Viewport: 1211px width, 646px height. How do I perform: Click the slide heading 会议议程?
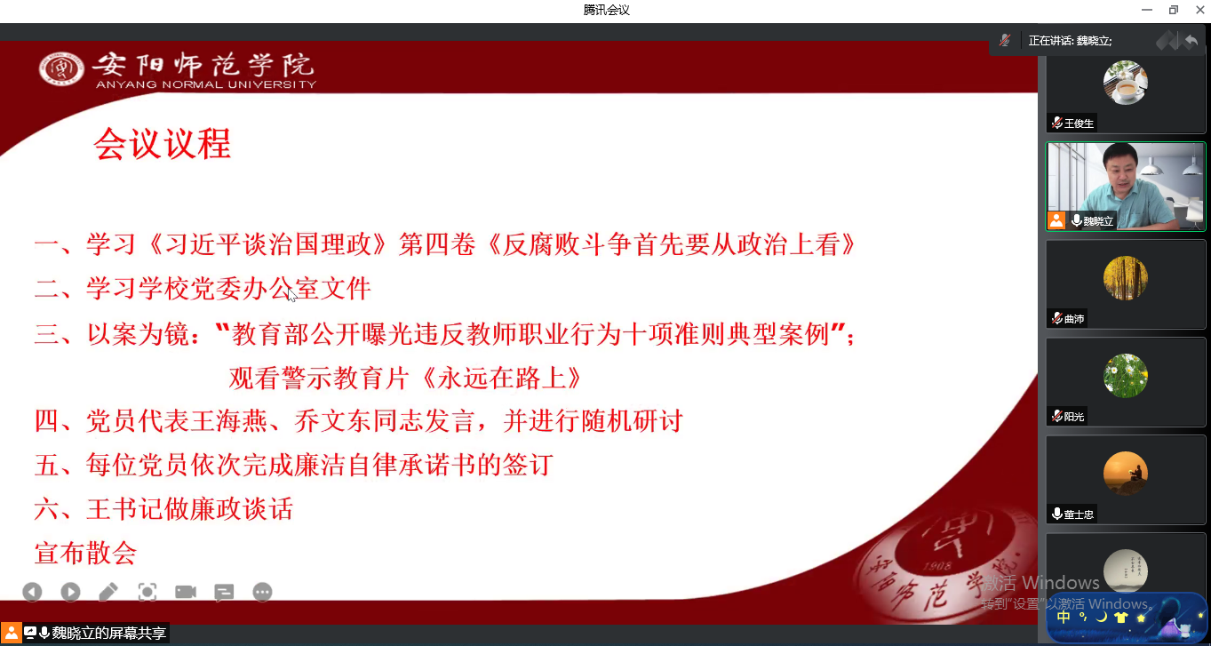(163, 144)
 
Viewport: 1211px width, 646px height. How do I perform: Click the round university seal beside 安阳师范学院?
(61, 68)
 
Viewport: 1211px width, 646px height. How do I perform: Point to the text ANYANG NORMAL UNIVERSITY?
(206, 84)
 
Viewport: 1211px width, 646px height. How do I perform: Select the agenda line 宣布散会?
(85, 553)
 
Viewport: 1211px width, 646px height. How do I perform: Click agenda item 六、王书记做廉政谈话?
(163, 508)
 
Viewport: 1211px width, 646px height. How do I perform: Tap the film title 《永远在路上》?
(500, 378)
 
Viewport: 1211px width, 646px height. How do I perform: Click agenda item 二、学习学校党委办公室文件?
(203, 288)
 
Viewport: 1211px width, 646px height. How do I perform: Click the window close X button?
(1199, 10)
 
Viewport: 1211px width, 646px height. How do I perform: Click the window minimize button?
(1147, 10)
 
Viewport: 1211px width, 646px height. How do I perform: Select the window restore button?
(1173, 10)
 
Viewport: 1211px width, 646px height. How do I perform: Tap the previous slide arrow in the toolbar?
(33, 592)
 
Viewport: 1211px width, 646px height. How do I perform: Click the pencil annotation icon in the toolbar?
(108, 592)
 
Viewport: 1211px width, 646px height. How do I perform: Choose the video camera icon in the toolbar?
(186, 592)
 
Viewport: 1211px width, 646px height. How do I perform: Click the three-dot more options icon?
(262, 592)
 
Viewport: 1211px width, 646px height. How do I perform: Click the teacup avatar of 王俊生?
(1125, 83)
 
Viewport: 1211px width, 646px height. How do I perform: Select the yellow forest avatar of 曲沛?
(1125, 278)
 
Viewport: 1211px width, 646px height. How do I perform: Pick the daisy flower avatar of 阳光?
(1125, 376)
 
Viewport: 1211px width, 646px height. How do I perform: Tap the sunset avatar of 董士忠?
(1125, 474)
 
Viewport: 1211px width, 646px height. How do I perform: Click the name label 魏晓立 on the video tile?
(1098, 221)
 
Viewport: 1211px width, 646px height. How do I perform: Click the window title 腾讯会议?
(606, 10)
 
